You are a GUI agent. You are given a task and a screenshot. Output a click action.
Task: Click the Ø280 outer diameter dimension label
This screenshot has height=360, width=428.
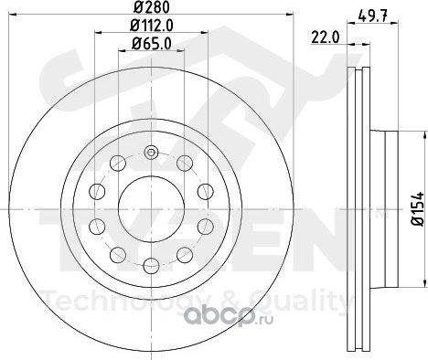click(x=152, y=7)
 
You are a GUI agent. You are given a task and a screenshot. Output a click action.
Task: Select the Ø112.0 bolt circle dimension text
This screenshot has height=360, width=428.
click(x=152, y=26)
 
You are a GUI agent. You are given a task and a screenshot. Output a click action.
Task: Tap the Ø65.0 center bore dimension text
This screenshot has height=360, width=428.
click(x=152, y=44)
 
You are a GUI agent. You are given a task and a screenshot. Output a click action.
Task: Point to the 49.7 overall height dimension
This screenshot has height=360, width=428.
click(x=373, y=16)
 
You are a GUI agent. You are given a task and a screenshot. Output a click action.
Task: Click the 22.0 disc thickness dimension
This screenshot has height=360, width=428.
click(x=326, y=37)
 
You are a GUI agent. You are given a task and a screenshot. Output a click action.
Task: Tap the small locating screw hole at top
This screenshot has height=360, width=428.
click(x=151, y=153)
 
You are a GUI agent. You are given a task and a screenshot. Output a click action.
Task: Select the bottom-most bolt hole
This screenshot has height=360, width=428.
click(x=151, y=265)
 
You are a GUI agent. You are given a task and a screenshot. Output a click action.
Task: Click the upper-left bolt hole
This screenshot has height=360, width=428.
click(x=118, y=163)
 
